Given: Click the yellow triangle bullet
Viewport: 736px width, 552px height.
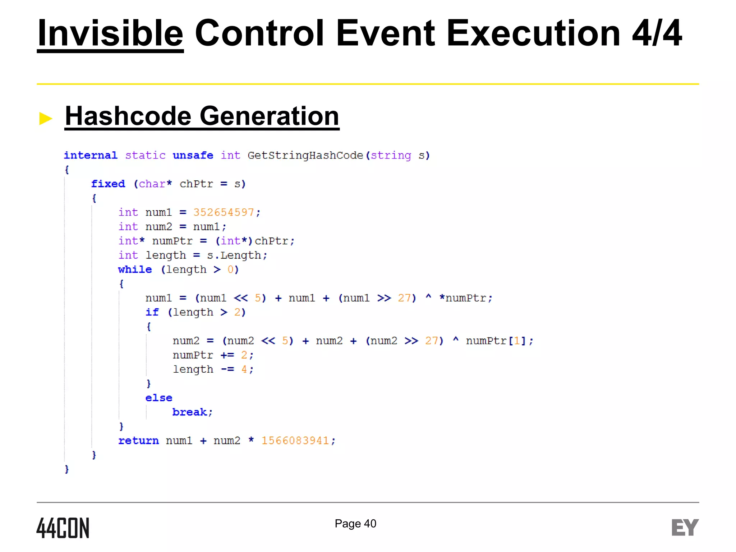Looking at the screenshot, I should pos(46,118).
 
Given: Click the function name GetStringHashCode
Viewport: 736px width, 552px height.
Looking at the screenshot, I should pos(305,155).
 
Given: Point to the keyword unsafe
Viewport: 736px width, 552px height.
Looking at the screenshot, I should pos(193,155).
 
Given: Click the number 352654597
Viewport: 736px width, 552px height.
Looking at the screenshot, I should pos(224,212).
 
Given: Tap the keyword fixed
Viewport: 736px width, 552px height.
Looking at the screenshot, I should pos(108,184).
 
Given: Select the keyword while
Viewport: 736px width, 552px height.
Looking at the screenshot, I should pos(135,270).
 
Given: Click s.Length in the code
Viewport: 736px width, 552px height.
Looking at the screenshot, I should pos(234,255).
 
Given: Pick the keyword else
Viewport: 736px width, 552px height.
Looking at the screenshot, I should pos(159,398).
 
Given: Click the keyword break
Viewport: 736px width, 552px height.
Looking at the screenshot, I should pos(190,412).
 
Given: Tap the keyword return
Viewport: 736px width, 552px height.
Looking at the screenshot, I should pos(138,441).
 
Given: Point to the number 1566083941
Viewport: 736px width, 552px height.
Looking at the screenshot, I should pos(295,441).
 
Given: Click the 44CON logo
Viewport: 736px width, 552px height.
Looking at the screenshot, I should pos(63,528).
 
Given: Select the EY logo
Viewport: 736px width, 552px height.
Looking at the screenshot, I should pos(685,528).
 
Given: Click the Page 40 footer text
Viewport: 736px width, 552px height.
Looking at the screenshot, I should pos(355,524).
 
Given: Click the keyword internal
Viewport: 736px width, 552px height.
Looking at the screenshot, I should pos(91,155).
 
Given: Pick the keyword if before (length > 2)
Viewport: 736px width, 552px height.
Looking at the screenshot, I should pos(152,312).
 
